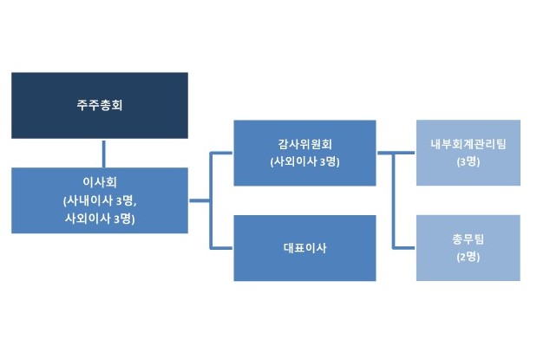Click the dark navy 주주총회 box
coord(100,106)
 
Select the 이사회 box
coord(100,200)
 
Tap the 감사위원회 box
coord(305,153)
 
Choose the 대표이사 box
coord(305,248)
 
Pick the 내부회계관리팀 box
coord(468,153)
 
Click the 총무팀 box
coord(468,248)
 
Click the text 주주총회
coord(100,105)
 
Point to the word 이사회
coord(100,182)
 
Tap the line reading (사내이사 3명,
coord(100,200)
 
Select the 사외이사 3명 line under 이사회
coord(100,219)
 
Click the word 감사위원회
coord(305,144)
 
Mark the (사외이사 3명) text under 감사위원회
coord(305,161)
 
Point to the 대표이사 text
coord(305,248)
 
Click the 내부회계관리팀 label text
coord(468,144)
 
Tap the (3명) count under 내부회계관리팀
coord(468,161)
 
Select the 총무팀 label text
coord(468,239)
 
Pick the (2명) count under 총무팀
coord(468,257)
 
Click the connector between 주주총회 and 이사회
coord(104,154)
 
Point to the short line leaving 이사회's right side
coord(200,200)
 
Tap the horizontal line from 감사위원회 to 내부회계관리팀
coord(396,153)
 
